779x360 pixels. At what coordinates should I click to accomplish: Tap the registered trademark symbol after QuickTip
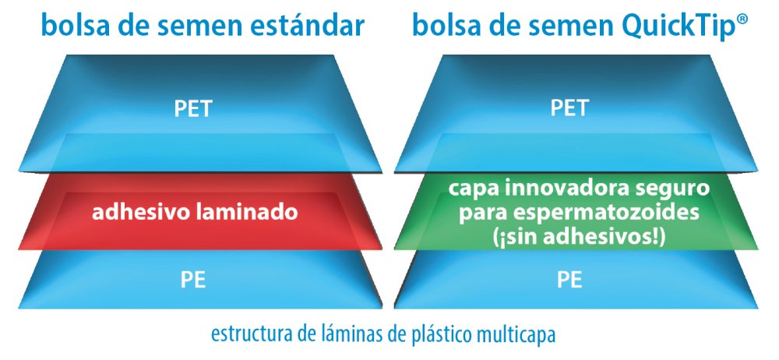point(742,19)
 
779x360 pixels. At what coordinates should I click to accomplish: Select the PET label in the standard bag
point(193,108)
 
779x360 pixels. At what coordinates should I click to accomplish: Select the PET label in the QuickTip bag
point(569,108)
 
